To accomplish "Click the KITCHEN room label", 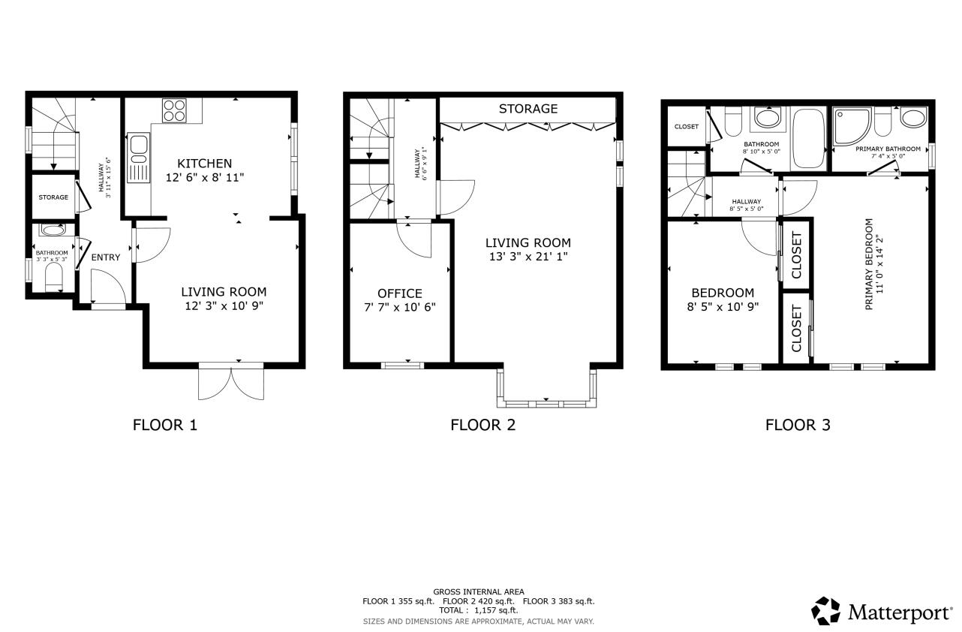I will point(204,163).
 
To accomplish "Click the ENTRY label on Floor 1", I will point(105,257).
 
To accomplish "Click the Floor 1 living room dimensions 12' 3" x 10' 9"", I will point(224,306).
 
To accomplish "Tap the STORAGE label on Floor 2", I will point(528,109).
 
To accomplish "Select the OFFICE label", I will point(399,293).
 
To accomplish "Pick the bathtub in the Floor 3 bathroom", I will point(808,139).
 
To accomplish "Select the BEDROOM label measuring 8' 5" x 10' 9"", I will point(723,293).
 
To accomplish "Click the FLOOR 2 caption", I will point(483,425).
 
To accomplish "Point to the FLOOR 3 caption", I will point(797,425).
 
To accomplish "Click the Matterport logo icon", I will point(826,611).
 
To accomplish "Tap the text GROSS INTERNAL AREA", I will point(479,591).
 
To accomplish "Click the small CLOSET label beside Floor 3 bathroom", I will point(686,127).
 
